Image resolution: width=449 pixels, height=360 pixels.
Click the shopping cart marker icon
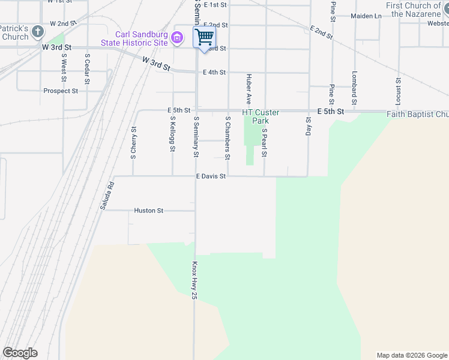click(x=204, y=37)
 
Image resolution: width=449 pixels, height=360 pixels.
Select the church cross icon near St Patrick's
click(x=38, y=31)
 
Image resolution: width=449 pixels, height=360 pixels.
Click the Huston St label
click(x=149, y=211)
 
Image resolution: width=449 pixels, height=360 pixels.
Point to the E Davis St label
click(x=211, y=176)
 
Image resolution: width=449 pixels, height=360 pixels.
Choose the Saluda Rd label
click(x=111, y=195)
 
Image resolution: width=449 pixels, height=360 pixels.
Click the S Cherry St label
click(x=134, y=143)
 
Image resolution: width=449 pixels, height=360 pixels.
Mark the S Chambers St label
click(x=228, y=138)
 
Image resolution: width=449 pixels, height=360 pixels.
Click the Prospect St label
click(x=61, y=91)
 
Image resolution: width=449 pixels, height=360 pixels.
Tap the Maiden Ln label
click(x=366, y=16)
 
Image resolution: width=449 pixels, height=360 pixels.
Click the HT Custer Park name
click(x=261, y=116)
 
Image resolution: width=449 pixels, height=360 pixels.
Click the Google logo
click(x=20, y=353)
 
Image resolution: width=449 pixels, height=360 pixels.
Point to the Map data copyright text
click(x=412, y=355)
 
